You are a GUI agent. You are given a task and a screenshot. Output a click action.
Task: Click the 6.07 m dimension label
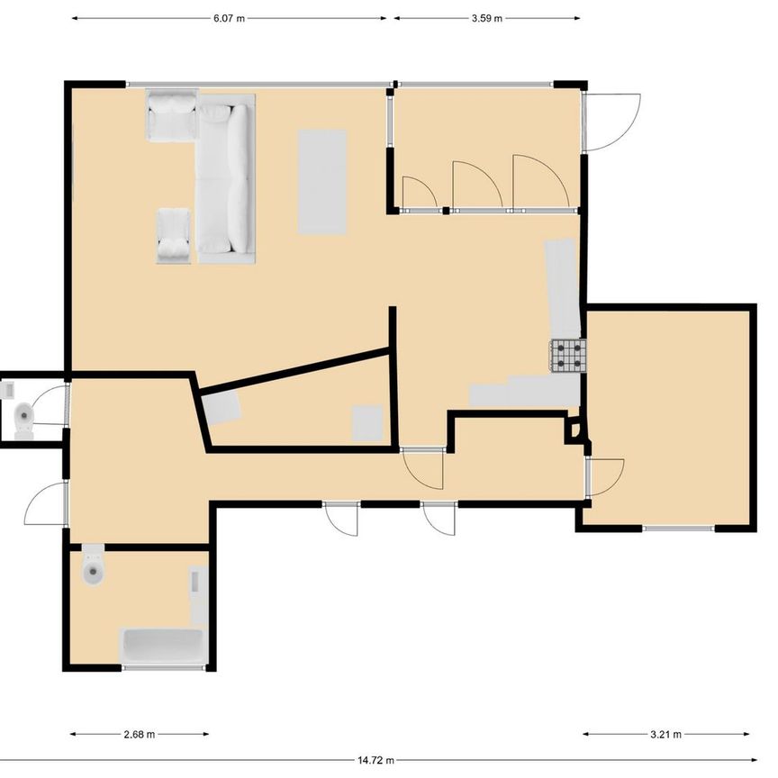[229, 18]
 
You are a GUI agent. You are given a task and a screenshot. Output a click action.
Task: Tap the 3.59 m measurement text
[486, 18]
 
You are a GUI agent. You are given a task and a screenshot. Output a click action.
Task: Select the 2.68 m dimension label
[140, 734]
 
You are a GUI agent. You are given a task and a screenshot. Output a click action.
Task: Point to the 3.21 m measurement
[666, 734]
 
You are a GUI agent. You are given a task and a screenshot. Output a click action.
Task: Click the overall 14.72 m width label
[376, 761]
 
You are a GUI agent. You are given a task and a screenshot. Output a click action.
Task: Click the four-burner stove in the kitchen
[568, 355]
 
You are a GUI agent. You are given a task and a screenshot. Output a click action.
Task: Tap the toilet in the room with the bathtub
[93, 565]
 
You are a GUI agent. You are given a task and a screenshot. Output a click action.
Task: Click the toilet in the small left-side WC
[24, 415]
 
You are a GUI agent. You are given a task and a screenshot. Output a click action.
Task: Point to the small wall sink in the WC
[9, 391]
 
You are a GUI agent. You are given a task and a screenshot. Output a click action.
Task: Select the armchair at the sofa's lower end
[174, 236]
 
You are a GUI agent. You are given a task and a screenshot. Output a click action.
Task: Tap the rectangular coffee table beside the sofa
[322, 180]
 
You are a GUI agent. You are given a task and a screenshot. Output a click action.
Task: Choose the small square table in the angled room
[366, 422]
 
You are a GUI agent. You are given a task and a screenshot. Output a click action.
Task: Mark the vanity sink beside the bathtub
[199, 595]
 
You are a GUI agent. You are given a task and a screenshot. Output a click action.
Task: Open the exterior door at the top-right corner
[611, 122]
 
